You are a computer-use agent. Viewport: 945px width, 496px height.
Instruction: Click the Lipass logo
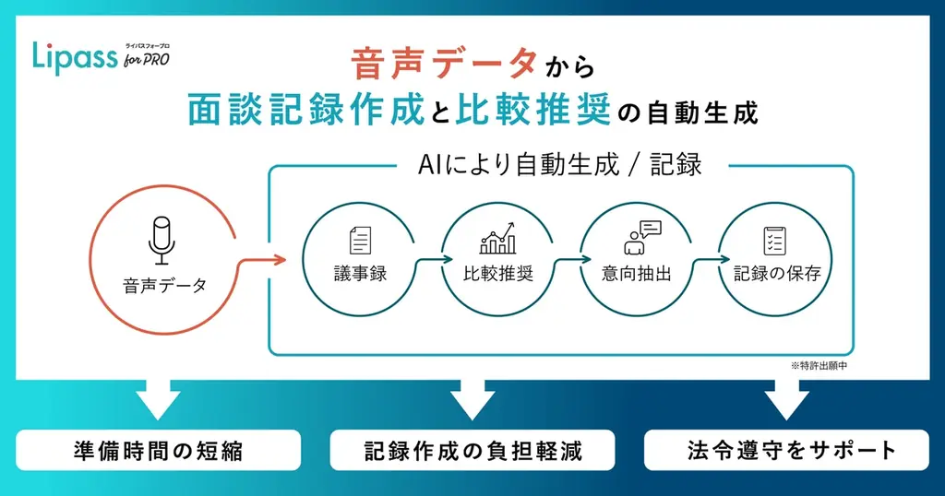[100, 58]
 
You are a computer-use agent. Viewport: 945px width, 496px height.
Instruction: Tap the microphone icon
[161, 239]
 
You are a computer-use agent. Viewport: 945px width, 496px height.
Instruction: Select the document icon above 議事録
[360, 241]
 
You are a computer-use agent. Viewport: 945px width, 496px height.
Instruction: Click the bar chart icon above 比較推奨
[498, 241]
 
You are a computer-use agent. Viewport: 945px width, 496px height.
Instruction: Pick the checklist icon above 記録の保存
[775, 241]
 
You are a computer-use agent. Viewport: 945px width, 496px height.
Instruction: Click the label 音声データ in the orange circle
[164, 284]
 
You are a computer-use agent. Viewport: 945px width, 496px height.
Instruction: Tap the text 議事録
[360, 274]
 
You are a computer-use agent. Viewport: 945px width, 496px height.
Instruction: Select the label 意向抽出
[638, 274]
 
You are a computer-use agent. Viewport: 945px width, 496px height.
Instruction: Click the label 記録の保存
[776, 274]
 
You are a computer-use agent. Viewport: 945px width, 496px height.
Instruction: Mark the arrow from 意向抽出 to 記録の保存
[707, 262]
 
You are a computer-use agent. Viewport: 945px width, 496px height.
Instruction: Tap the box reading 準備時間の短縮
[160, 450]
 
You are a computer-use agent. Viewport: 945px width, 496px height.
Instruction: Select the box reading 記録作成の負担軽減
[472, 450]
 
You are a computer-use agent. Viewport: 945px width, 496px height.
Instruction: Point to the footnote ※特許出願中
[819, 366]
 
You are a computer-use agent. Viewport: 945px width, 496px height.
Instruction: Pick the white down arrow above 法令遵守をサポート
[786, 401]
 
